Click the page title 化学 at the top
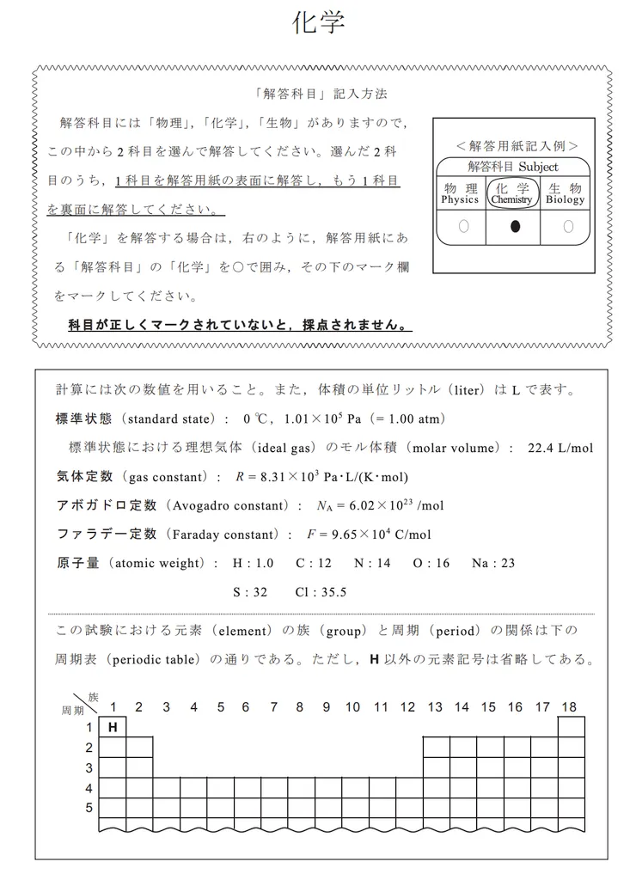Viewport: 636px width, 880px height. (x=319, y=23)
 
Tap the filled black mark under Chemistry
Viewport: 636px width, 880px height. (x=514, y=227)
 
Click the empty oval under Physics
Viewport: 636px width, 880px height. (x=463, y=227)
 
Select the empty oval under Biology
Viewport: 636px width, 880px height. (x=567, y=227)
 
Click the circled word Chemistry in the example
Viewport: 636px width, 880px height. (x=512, y=199)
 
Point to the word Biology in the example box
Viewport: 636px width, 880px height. (x=565, y=199)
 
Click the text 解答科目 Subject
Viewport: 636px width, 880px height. (x=512, y=167)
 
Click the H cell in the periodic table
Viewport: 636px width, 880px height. (x=112, y=727)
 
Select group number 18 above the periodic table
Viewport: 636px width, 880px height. (x=569, y=707)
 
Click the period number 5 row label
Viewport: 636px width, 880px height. (x=89, y=808)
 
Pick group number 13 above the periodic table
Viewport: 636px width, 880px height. (x=435, y=707)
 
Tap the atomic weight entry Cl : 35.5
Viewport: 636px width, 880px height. (x=321, y=592)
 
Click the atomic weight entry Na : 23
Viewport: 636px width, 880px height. (x=493, y=563)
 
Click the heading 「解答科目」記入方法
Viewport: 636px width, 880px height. (x=315, y=94)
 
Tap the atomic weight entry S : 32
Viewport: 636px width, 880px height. (x=250, y=592)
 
